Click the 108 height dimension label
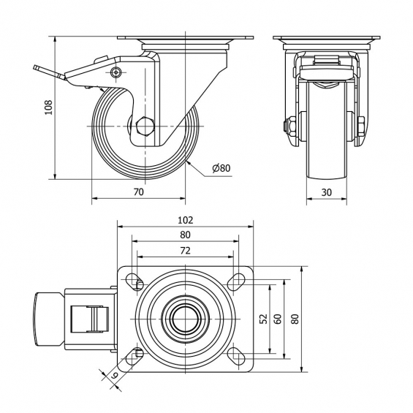pos(49,107)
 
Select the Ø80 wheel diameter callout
pos(221,168)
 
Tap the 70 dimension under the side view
pos(139,192)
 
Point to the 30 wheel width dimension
pos(326,192)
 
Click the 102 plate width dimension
pos(185,220)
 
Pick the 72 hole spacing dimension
pos(185,251)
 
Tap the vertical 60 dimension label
pos(278,319)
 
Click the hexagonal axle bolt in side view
pos(145,126)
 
